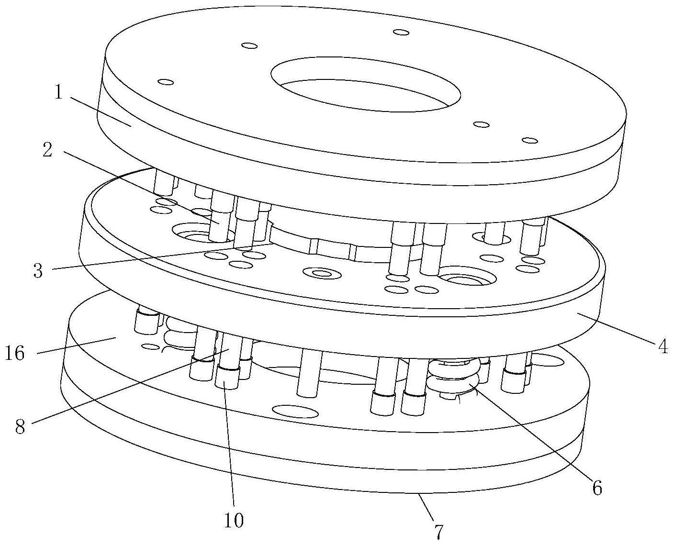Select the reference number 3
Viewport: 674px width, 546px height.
coord(38,271)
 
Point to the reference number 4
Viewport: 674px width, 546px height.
coord(662,346)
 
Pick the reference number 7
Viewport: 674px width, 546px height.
coord(438,531)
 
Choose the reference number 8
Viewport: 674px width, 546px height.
coord(20,426)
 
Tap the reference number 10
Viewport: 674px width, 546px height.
coord(235,520)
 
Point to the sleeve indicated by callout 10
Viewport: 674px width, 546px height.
coord(226,378)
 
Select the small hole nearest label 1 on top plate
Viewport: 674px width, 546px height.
coord(166,82)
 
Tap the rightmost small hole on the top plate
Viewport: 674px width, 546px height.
coord(529,140)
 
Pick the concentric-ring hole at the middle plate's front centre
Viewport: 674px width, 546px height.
coord(321,274)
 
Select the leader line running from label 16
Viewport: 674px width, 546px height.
coord(77,345)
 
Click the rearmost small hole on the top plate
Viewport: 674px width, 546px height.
coord(401,32)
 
